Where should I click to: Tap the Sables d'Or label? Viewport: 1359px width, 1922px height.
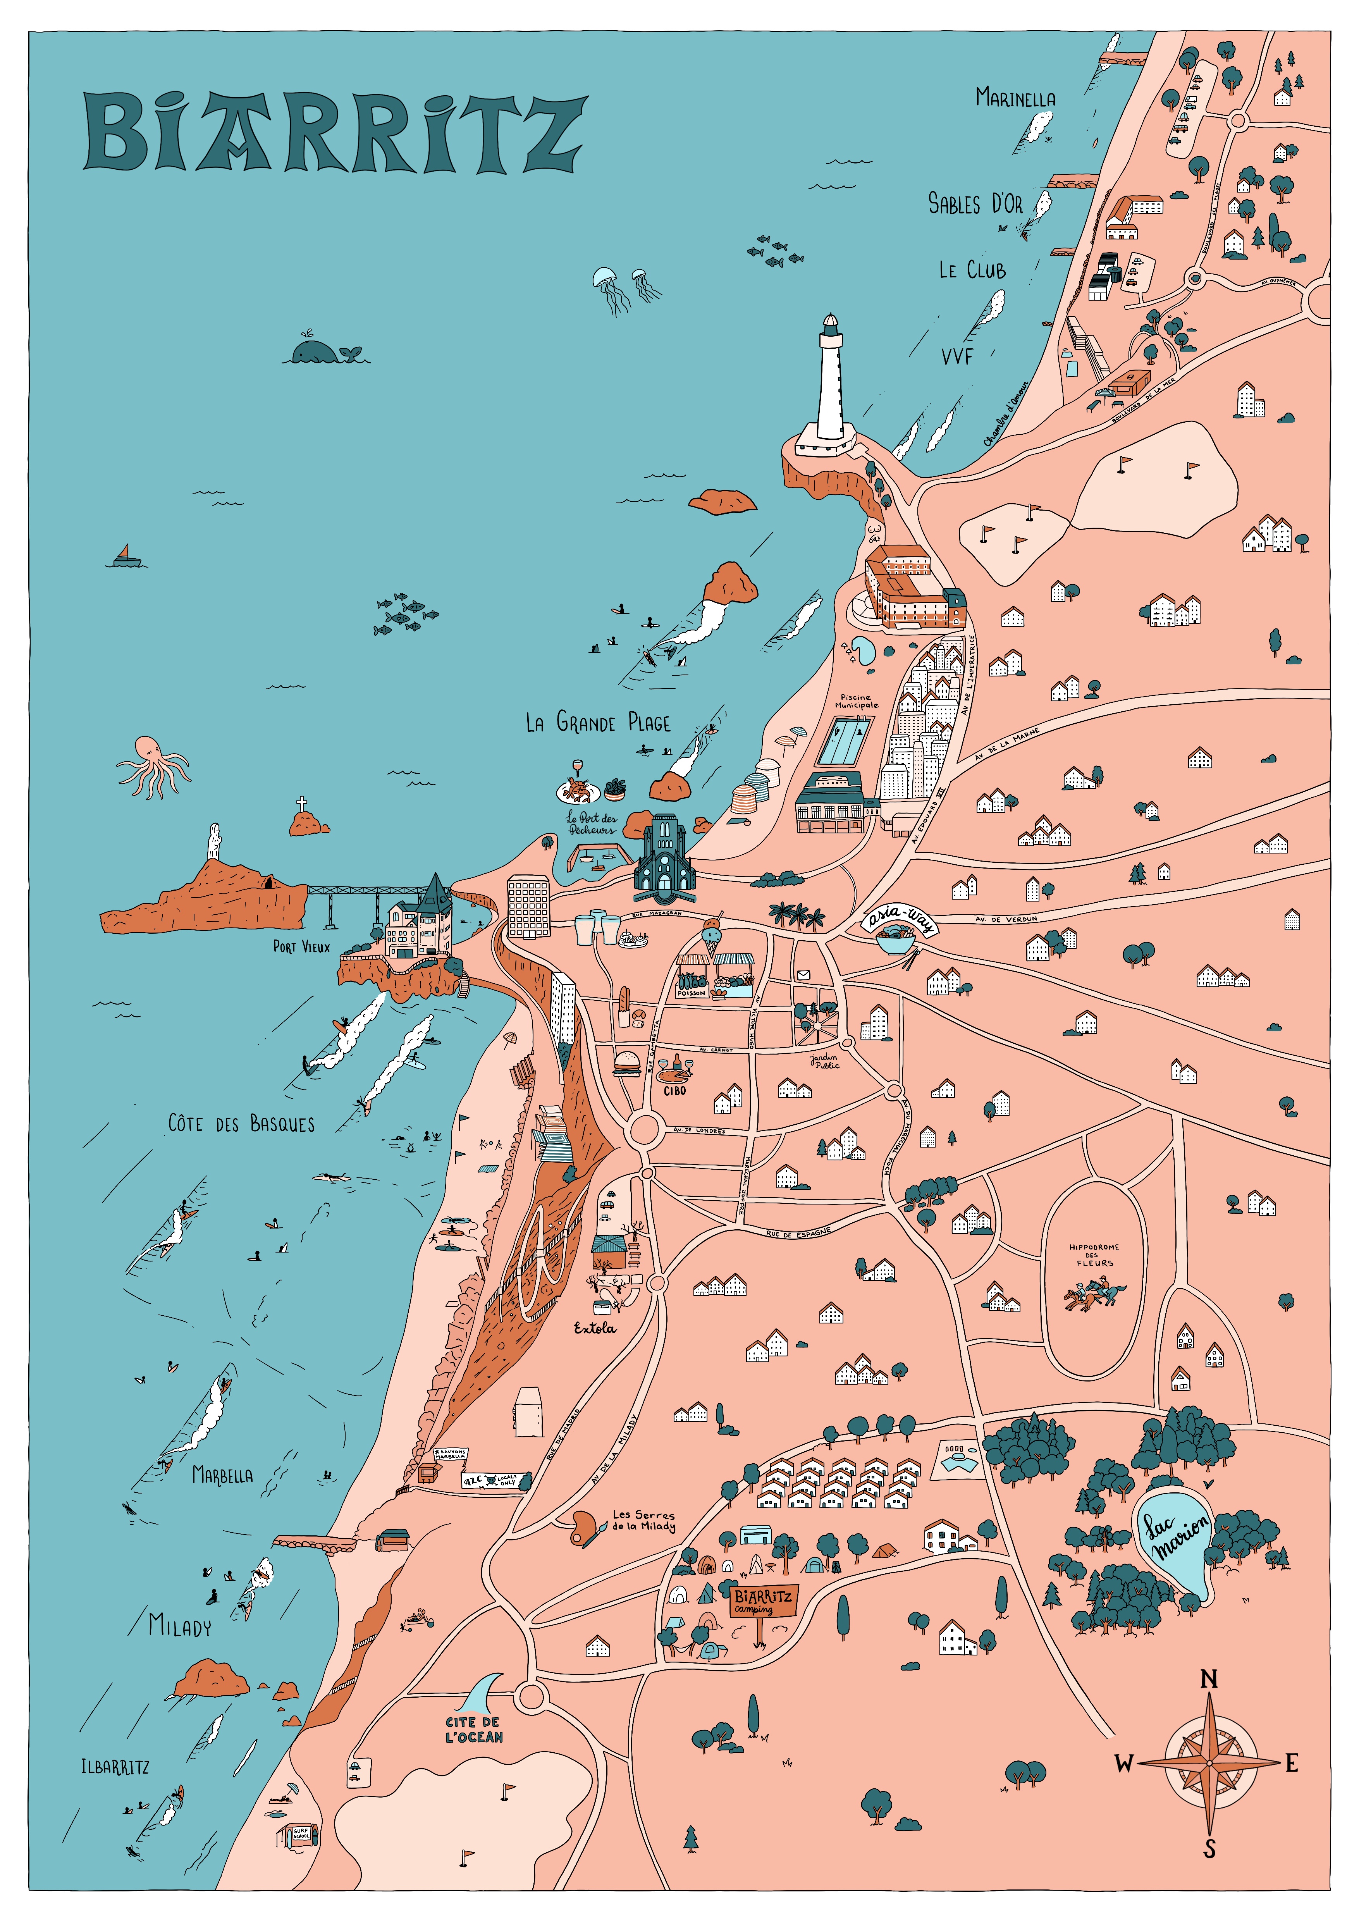click(x=975, y=203)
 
